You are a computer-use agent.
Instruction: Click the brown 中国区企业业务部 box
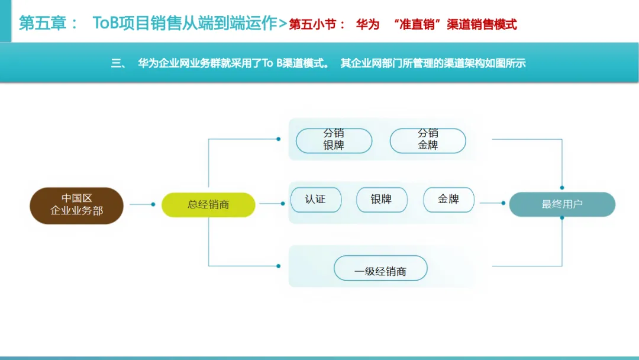[x=76, y=205]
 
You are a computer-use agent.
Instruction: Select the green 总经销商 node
[x=208, y=205]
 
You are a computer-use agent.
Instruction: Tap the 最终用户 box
[x=562, y=204]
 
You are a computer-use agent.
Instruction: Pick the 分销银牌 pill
[x=334, y=140]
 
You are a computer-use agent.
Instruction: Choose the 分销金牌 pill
[x=428, y=140]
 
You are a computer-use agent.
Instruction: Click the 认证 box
[x=315, y=200]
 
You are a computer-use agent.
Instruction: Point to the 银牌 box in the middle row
[x=382, y=200]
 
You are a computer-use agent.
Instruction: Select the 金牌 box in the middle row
[x=448, y=200]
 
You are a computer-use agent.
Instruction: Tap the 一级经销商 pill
[x=380, y=269]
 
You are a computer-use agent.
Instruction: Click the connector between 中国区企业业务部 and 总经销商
[x=141, y=204]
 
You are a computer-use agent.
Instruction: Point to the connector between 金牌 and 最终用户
[x=491, y=203]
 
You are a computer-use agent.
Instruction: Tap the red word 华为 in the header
[x=367, y=24]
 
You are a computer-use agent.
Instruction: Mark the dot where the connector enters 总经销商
[x=153, y=204]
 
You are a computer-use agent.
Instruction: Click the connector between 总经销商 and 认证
[x=272, y=203]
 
